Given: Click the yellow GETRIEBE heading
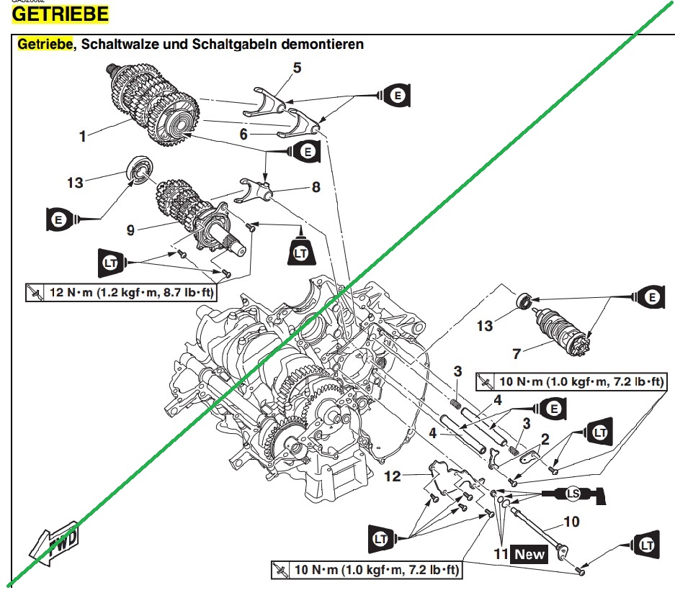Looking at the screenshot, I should [62, 14].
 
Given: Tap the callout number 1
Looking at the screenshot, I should [83, 136].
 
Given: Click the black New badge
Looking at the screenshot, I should [528, 555].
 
